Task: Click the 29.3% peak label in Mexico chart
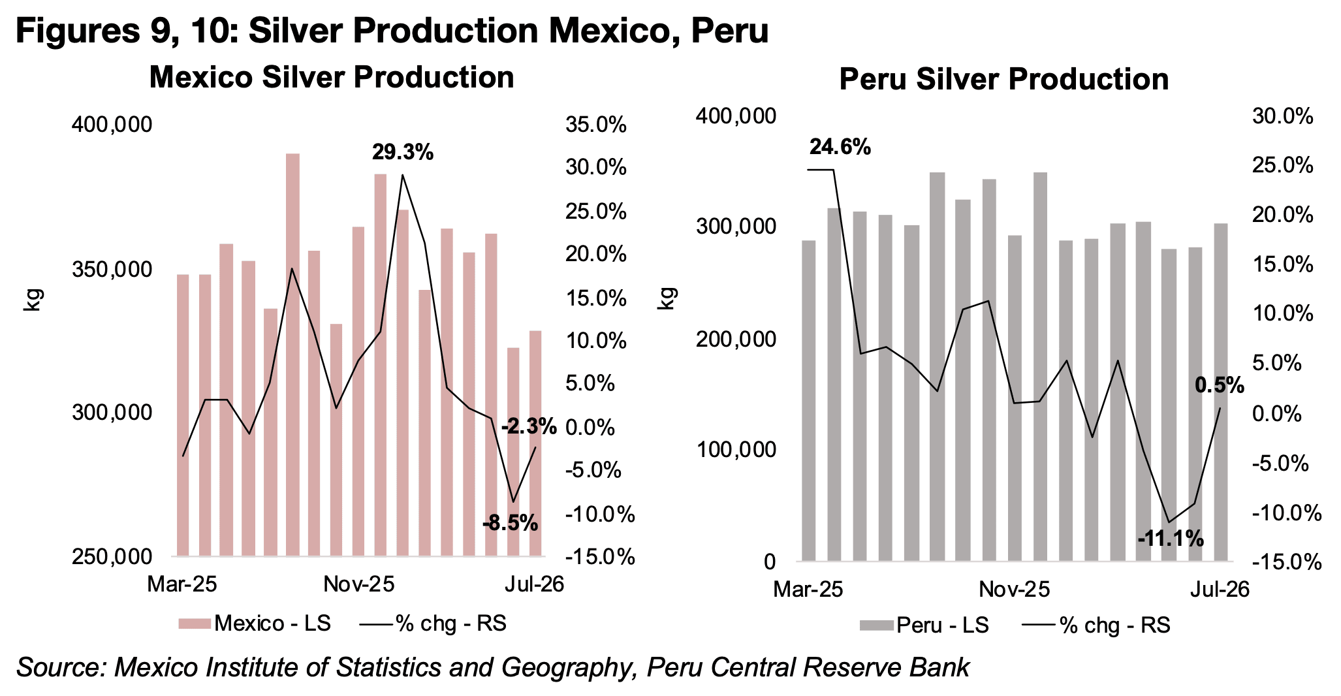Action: [x=403, y=153]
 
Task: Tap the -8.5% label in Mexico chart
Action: [x=511, y=522]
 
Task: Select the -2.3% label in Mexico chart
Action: [x=529, y=427]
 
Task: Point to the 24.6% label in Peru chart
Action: [x=840, y=148]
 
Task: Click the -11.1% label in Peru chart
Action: [x=1171, y=539]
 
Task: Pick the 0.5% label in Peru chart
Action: [x=1220, y=385]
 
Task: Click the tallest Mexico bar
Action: [x=292, y=355]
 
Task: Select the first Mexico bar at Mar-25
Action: [x=183, y=415]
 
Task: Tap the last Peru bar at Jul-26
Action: [x=1220, y=392]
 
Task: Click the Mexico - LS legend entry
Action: [x=255, y=624]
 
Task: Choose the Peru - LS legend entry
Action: [x=924, y=625]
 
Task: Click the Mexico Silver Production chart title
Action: [x=332, y=77]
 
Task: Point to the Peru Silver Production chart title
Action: [x=1003, y=79]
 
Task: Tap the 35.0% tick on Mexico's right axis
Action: [x=596, y=124]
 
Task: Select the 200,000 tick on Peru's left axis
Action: [x=737, y=339]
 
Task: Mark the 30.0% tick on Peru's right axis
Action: [x=1282, y=116]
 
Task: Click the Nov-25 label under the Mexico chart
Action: [x=359, y=584]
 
